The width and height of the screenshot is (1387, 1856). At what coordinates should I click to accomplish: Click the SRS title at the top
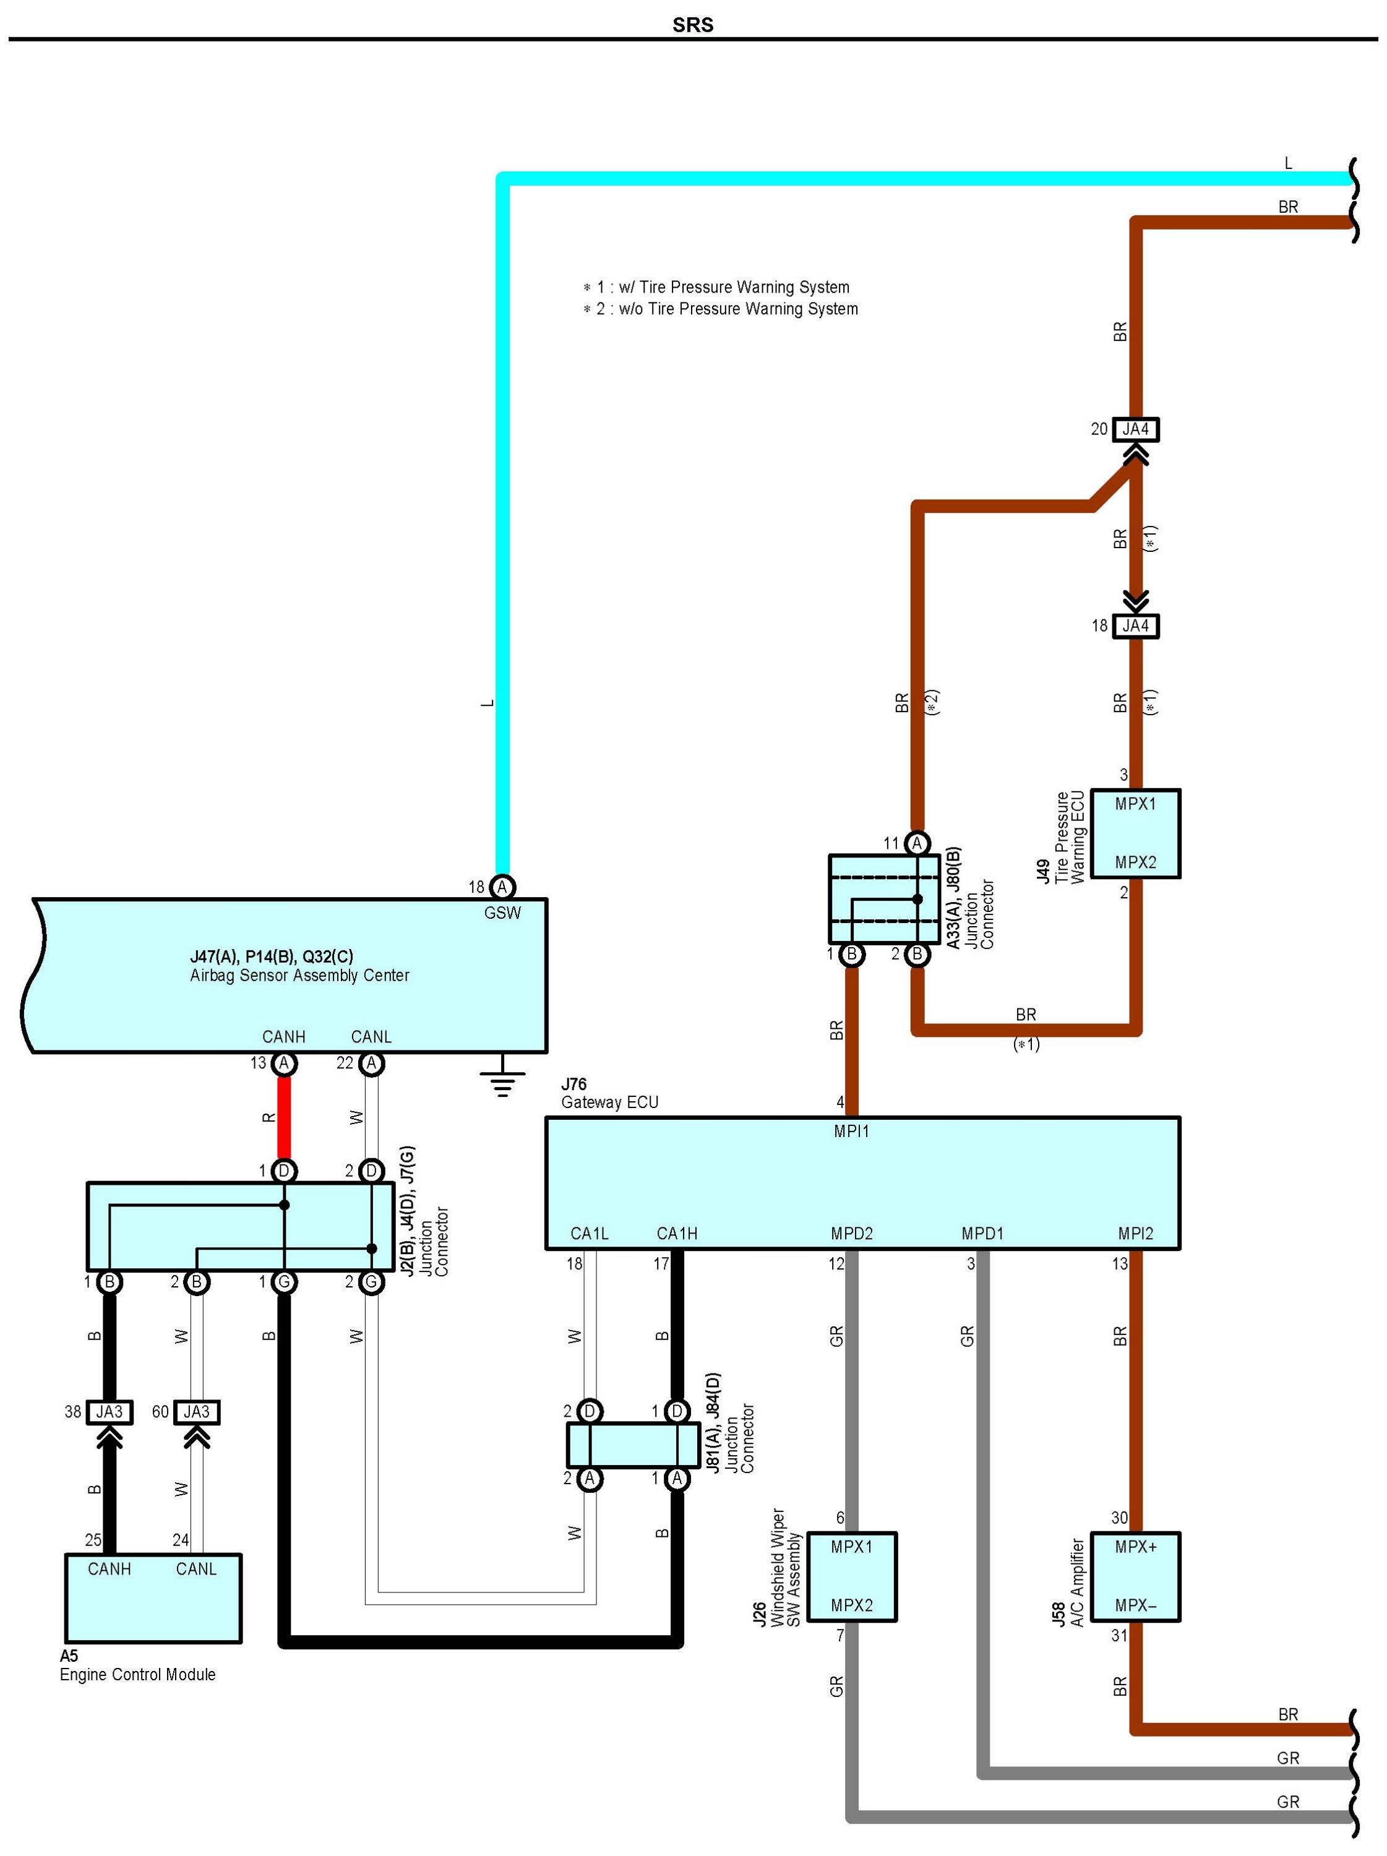pos(692,24)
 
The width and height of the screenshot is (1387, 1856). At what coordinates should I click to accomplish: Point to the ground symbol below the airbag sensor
pos(502,1083)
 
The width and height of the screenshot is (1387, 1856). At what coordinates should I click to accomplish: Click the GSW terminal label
pos(502,913)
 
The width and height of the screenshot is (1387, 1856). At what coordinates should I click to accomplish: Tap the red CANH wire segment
pos(285,1117)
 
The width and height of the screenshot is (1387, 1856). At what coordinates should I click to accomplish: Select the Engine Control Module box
pos(153,1597)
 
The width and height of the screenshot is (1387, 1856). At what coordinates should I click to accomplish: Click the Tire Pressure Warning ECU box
pos(1135,833)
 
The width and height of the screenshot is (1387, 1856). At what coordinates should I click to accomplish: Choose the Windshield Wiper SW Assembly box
pos(852,1576)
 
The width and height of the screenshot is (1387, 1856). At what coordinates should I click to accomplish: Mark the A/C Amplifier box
pos(1135,1576)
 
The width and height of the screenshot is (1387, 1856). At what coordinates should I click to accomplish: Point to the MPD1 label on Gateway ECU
pos(982,1234)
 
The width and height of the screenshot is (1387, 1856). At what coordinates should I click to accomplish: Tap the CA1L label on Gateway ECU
pos(589,1234)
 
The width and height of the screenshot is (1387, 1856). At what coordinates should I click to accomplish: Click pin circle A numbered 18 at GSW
pos(502,887)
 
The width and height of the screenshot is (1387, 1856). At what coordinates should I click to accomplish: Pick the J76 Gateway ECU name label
pos(609,1093)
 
